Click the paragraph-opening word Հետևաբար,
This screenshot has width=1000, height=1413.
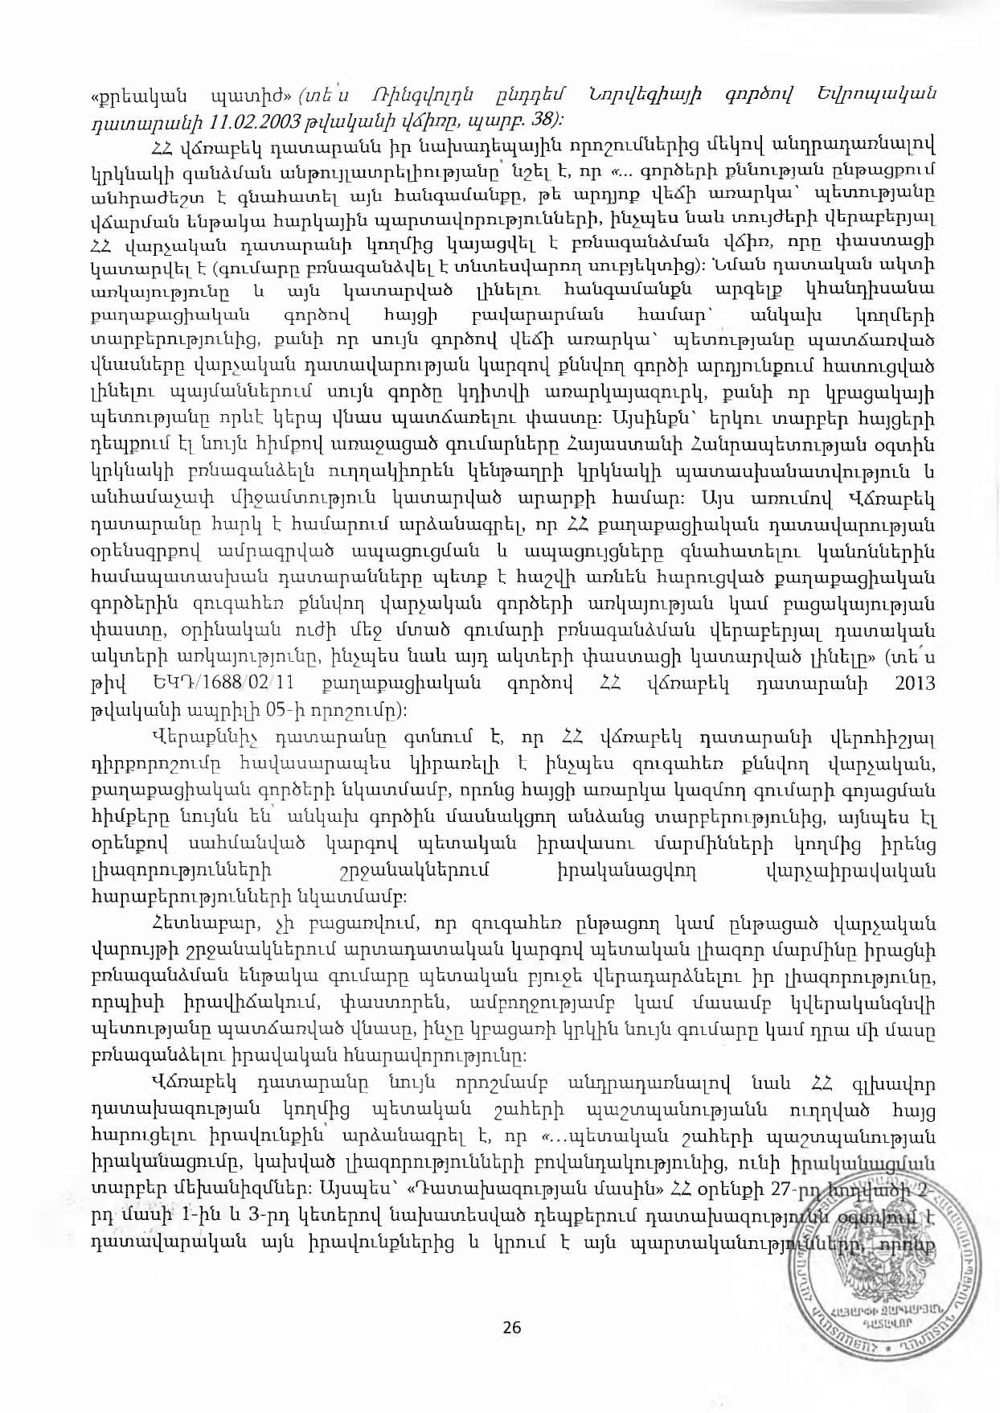199,922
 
